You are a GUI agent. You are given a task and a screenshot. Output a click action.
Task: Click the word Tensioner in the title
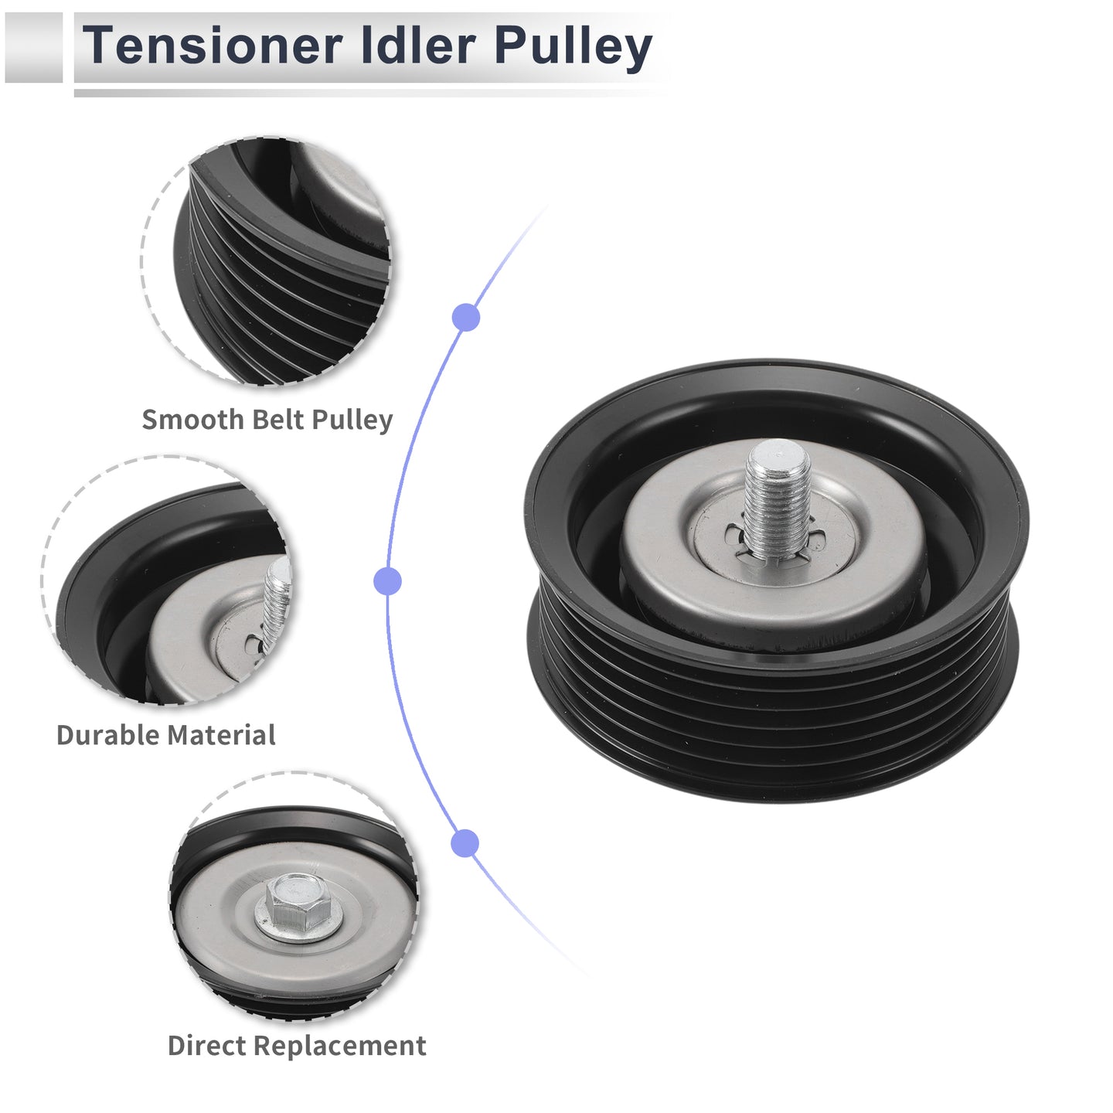(x=213, y=45)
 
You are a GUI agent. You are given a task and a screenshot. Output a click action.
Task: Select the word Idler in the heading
(x=418, y=45)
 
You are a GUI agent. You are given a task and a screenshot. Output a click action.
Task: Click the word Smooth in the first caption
(x=193, y=420)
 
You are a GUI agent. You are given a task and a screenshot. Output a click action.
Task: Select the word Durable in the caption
(x=107, y=735)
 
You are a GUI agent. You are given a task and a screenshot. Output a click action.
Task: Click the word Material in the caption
(x=221, y=735)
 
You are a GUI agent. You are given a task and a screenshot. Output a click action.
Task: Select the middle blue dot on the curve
(x=387, y=580)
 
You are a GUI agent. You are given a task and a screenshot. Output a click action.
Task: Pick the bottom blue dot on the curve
(x=465, y=843)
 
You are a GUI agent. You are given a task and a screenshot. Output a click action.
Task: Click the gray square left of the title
(x=33, y=48)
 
